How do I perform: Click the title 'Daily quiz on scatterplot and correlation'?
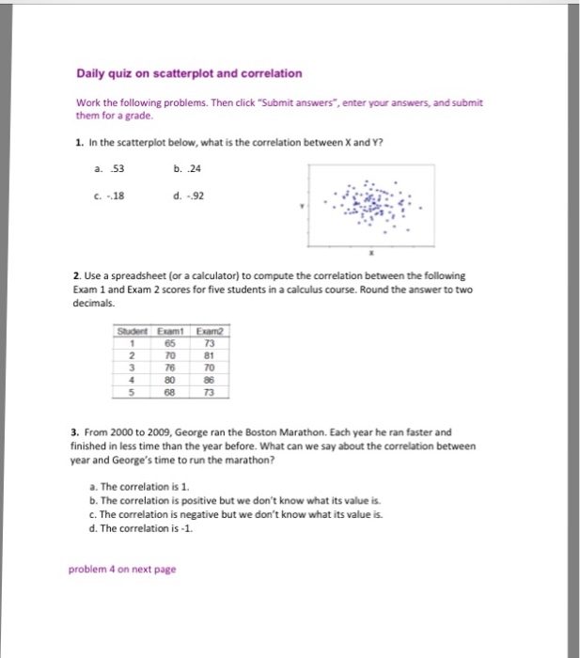pos(189,72)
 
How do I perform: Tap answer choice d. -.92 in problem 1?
pos(186,196)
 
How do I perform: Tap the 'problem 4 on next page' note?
pos(122,569)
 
